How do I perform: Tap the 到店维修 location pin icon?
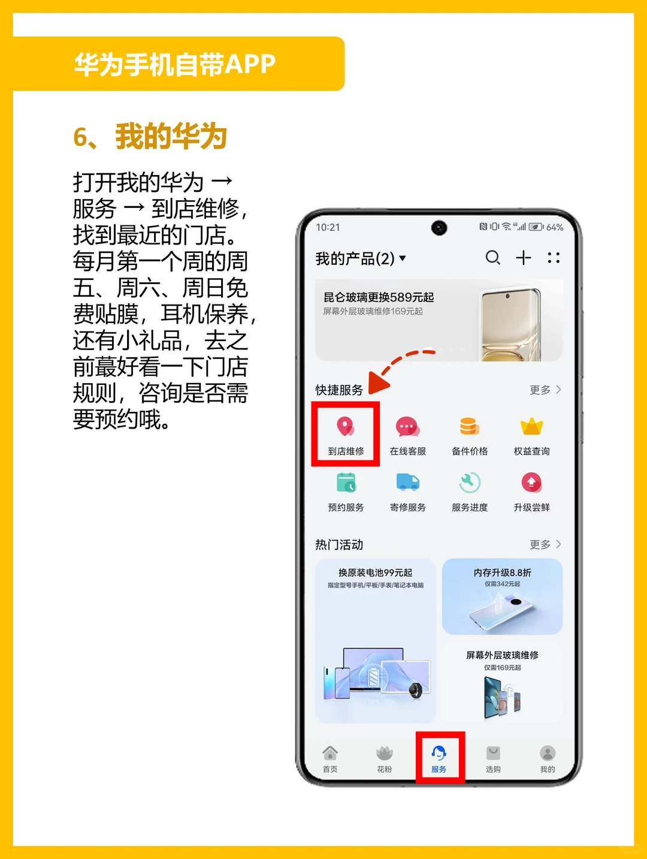tap(346, 427)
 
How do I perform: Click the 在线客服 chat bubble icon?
tap(407, 427)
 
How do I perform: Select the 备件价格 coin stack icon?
tap(470, 427)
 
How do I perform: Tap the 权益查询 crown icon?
tap(531, 427)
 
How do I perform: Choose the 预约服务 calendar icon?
tap(346, 483)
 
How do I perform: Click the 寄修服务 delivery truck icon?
tap(407, 483)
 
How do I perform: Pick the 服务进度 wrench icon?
tap(470, 483)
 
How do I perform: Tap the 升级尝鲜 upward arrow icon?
tap(531, 483)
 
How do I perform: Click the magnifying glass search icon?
tap(492, 258)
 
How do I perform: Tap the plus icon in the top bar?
tap(524, 258)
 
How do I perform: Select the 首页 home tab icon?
tap(330, 753)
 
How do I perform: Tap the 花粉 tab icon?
tap(385, 753)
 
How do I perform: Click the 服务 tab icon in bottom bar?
tap(439, 753)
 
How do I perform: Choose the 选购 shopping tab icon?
tap(493, 753)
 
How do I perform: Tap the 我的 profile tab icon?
tap(548, 753)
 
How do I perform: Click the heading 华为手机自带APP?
tap(175, 64)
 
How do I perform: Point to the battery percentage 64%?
tap(555, 228)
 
